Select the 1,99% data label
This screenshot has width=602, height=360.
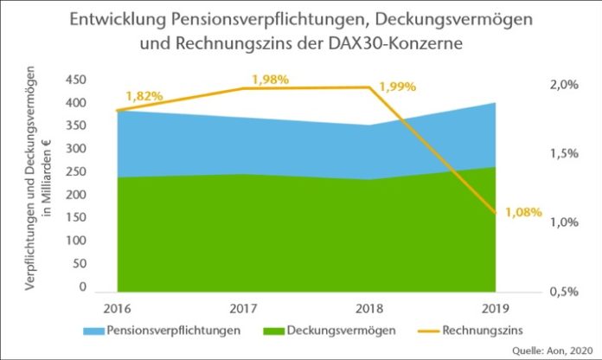tap(397, 87)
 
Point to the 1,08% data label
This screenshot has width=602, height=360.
tap(522, 211)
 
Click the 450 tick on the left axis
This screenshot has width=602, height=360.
tap(76, 80)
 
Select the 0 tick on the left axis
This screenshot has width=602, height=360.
tap(83, 286)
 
